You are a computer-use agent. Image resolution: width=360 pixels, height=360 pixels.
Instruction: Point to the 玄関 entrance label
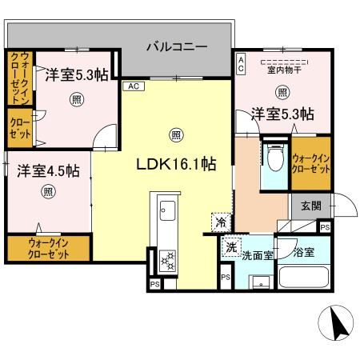pos(311,206)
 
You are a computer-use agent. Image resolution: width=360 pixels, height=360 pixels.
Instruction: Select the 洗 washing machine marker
pos(230,247)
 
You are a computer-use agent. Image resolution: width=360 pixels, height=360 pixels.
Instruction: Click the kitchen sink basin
pos(169,211)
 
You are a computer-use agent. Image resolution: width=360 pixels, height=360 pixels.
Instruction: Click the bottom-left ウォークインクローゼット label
pos(38,247)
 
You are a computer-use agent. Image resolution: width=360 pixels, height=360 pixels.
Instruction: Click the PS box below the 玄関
pos(324,227)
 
